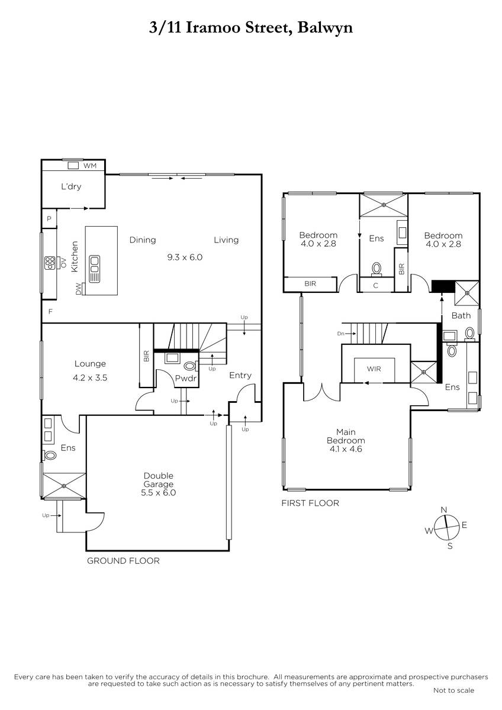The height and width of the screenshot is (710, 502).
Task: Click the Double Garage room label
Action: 159,480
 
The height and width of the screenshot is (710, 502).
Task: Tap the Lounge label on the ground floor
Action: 90,363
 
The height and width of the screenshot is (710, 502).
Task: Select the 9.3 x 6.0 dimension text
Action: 185,257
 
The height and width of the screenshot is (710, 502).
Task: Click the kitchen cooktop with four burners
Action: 50,263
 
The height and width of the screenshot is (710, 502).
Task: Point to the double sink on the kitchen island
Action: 95,269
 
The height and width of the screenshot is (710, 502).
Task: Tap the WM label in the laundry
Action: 90,166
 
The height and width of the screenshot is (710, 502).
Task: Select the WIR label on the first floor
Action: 374,369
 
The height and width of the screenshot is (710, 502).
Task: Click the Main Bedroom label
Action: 346,436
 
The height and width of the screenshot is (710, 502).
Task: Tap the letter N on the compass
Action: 444,509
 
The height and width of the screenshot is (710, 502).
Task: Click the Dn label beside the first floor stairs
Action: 340,334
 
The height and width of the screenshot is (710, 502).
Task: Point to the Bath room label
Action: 461,315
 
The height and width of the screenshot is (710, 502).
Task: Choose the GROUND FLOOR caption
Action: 123,561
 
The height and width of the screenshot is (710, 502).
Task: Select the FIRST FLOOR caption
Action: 310,503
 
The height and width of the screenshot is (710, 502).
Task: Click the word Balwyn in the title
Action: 326,28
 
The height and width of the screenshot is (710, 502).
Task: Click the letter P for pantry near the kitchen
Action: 49,219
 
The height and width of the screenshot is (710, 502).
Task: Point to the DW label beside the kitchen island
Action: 79,289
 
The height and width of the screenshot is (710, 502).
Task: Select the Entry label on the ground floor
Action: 240,376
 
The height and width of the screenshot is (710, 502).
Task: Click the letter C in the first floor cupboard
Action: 376,286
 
